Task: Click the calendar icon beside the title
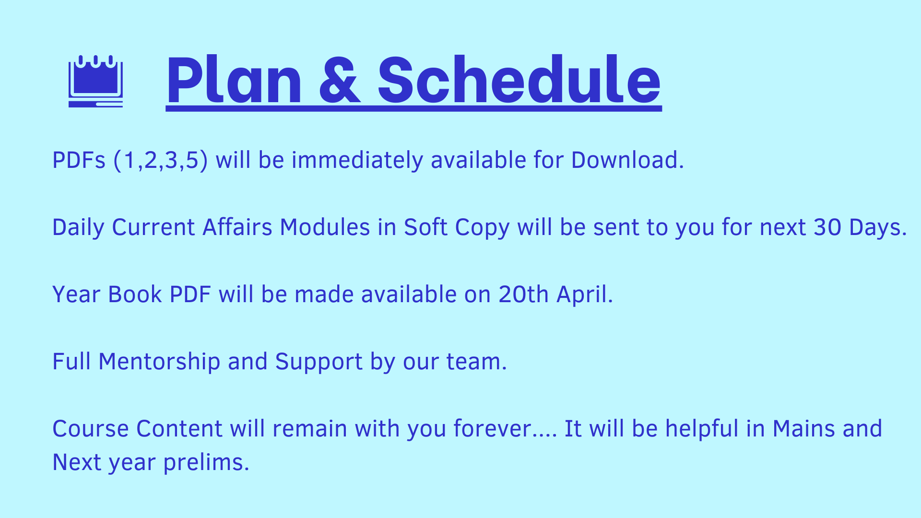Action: [95, 81]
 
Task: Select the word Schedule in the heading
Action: [520, 79]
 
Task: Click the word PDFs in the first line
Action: [79, 160]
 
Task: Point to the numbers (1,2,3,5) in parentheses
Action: [161, 161]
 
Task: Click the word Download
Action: [627, 160]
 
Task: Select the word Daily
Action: [78, 228]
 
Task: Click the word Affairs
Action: [237, 227]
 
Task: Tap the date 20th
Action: [523, 294]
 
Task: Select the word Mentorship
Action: [159, 362]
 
